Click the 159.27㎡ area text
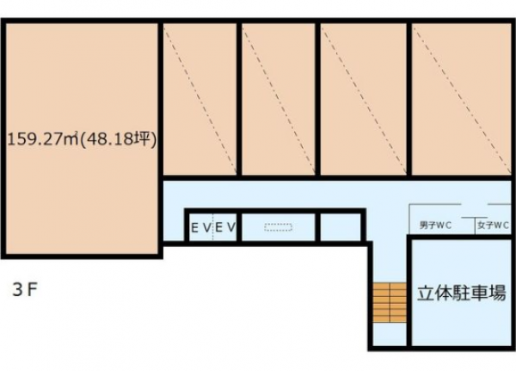point(43,139)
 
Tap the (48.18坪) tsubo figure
point(118,139)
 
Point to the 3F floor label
point(24,290)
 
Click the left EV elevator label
point(200,227)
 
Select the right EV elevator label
point(225,227)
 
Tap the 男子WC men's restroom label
point(435,226)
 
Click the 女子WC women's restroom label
point(494,226)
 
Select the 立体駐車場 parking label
point(461,294)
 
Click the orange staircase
point(390,302)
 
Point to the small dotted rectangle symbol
point(279,227)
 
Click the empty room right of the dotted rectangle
point(341,227)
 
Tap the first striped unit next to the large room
point(200,99)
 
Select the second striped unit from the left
point(279,99)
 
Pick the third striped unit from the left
point(363,99)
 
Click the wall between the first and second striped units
point(239,99)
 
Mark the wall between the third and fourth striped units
point(409,99)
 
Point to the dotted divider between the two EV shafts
point(213,227)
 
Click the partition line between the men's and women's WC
point(475,226)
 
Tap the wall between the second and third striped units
point(318,99)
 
